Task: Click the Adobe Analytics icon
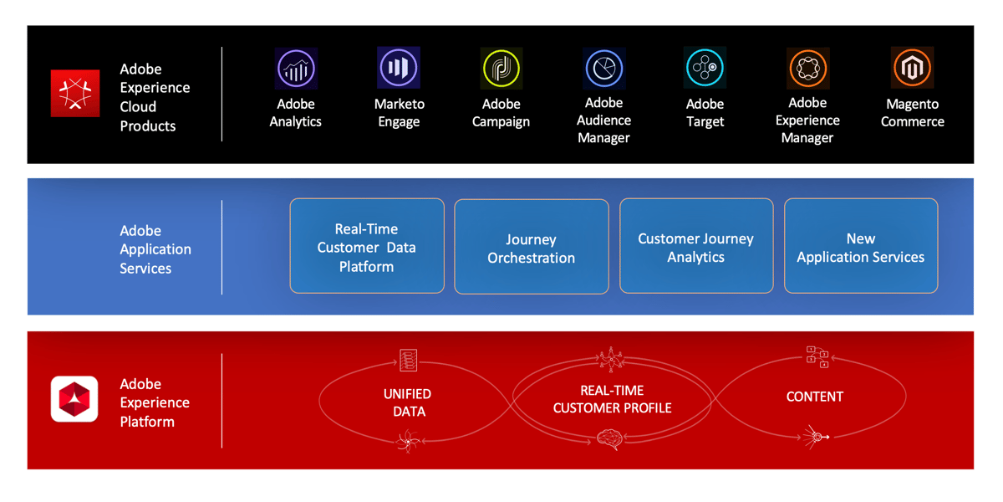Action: click(x=296, y=69)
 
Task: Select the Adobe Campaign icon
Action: click(x=501, y=69)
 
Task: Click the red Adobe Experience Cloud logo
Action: click(x=75, y=93)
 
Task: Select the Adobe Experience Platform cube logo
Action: click(x=74, y=399)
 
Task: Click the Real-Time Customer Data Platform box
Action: click(x=367, y=247)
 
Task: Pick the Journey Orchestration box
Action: click(x=532, y=248)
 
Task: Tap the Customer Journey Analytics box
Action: click(x=696, y=247)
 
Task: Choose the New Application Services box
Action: click(x=861, y=247)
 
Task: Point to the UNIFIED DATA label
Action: click(x=408, y=402)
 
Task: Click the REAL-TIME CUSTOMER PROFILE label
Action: click(x=612, y=399)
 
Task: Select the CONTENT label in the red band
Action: click(x=815, y=397)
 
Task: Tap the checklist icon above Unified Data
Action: click(x=408, y=360)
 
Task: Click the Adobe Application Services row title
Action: click(x=155, y=249)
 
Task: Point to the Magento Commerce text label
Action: click(x=912, y=113)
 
